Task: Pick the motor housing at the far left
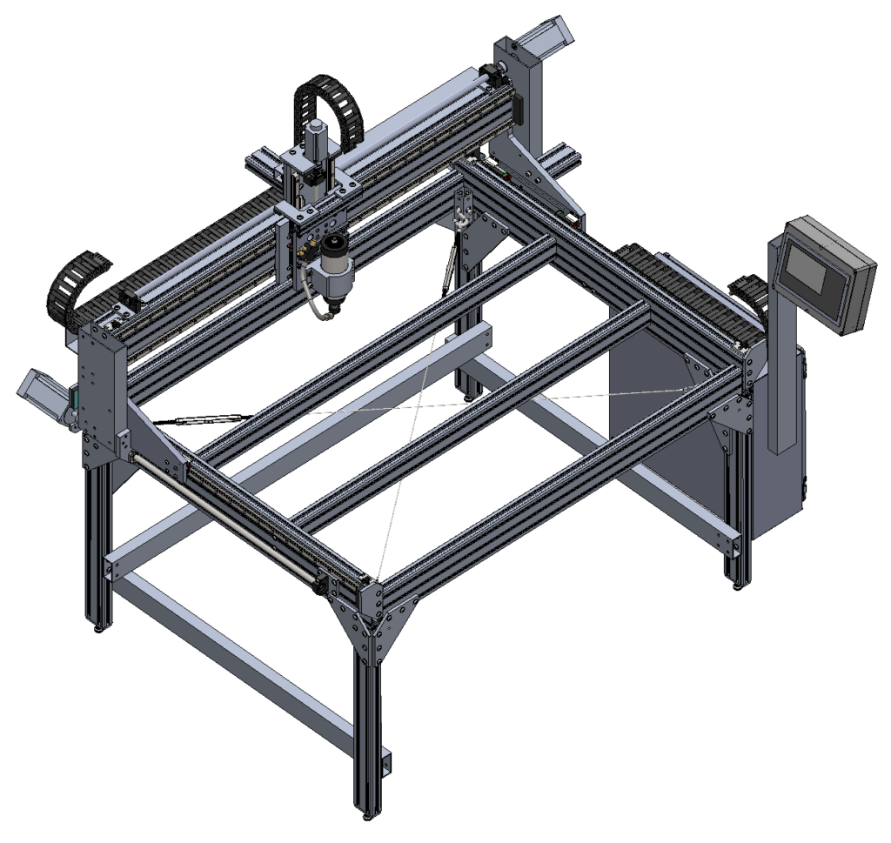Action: pyautogui.click(x=39, y=391)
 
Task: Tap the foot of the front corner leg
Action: pyautogui.click(x=369, y=815)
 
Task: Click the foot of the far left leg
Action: pyautogui.click(x=96, y=626)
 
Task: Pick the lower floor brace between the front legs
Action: pyautogui.click(x=235, y=661)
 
